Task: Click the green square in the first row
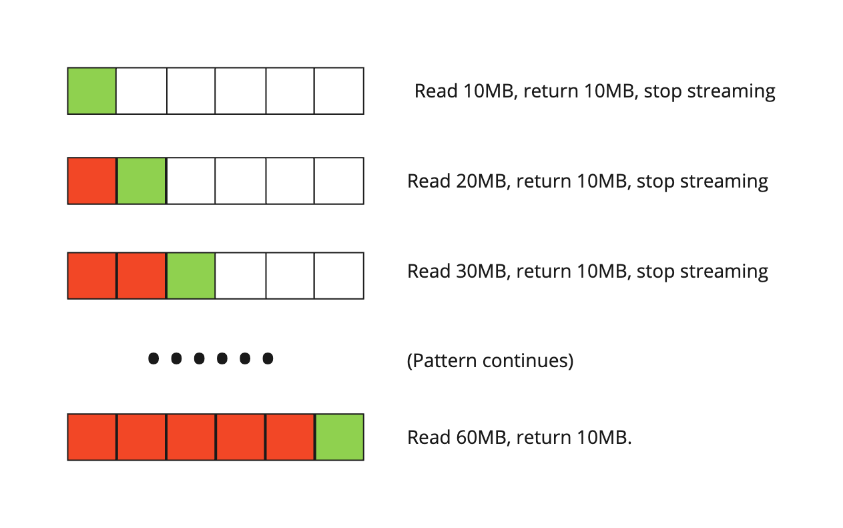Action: (x=92, y=91)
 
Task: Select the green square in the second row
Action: (x=142, y=181)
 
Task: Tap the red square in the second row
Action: (x=92, y=181)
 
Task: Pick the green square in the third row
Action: (x=191, y=276)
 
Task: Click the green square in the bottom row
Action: (x=339, y=437)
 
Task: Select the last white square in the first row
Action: (x=339, y=91)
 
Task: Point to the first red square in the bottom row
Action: (x=92, y=437)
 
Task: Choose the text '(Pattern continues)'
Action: (x=490, y=361)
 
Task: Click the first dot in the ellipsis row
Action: (x=154, y=359)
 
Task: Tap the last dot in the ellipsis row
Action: (x=268, y=359)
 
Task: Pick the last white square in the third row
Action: (x=339, y=276)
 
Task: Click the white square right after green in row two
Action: (x=191, y=181)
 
